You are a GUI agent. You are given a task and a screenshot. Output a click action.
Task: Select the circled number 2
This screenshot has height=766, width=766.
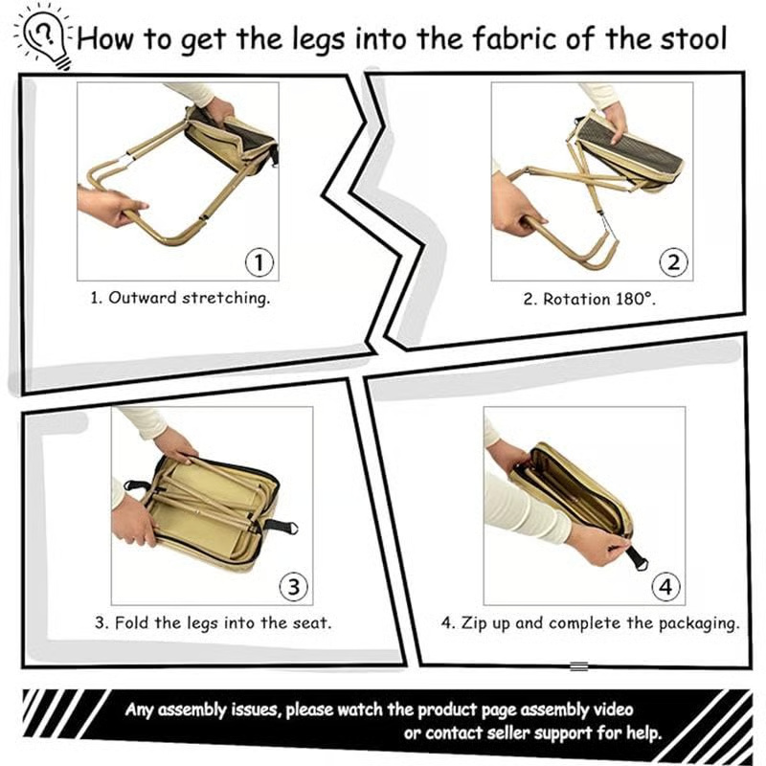pyautogui.click(x=673, y=261)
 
